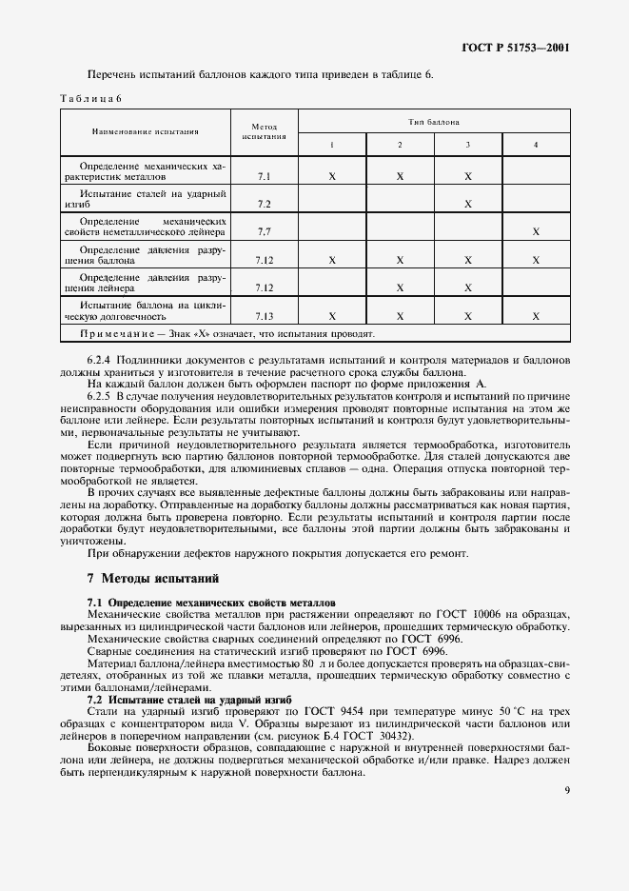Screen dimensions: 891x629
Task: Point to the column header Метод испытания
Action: pos(264,130)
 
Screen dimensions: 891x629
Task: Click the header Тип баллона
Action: pos(434,122)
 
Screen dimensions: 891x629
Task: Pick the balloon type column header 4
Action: pos(536,144)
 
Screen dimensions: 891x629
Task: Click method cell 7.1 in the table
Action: pos(264,177)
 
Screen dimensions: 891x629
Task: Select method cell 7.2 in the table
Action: pos(264,204)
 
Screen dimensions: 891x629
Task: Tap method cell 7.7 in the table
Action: pos(264,231)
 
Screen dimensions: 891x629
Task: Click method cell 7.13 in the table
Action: pos(264,316)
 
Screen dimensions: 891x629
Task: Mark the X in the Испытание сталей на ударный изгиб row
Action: pos(468,204)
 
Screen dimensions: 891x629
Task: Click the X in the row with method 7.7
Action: pos(536,231)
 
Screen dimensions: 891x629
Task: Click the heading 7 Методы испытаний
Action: pos(152,577)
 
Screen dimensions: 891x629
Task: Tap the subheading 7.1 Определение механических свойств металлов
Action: pos(210,603)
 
